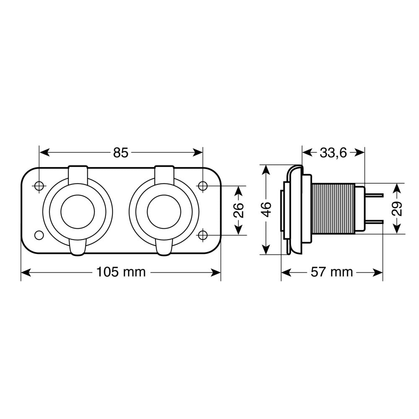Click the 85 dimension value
[x=121, y=153]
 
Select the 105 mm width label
[x=121, y=272]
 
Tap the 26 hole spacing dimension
[x=238, y=210]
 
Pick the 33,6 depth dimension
[x=333, y=153]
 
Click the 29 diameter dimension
[x=397, y=208]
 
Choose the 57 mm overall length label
[x=332, y=272]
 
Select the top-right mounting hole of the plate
[x=203, y=186]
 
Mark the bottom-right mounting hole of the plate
[x=203, y=235]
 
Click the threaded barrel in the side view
[x=333, y=208]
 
